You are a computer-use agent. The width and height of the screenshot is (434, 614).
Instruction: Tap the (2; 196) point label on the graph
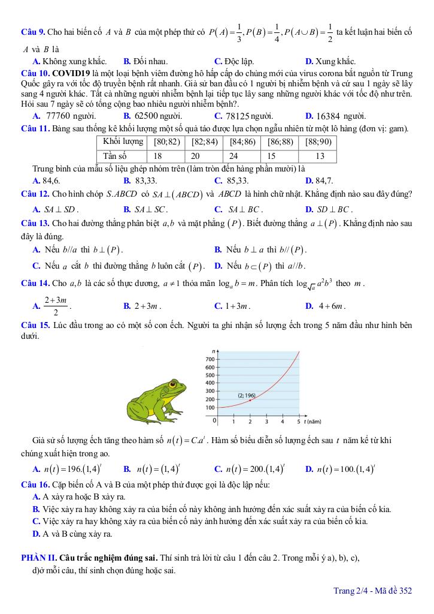tap(246, 395)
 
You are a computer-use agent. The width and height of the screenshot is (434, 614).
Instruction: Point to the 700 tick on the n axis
tap(210, 359)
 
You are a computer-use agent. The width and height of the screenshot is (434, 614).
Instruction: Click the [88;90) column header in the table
tap(318, 142)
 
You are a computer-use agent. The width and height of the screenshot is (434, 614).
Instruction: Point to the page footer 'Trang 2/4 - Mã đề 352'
tap(372, 591)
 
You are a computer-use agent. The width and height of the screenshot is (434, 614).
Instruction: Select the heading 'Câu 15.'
tap(35, 325)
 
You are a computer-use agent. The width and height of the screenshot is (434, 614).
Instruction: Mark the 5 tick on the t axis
tap(298, 422)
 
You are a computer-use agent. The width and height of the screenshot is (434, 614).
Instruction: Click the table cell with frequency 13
tap(320, 155)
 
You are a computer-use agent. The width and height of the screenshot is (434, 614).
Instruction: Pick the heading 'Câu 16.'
tap(35, 484)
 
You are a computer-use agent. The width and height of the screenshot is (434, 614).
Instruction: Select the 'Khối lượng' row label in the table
tap(123, 142)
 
